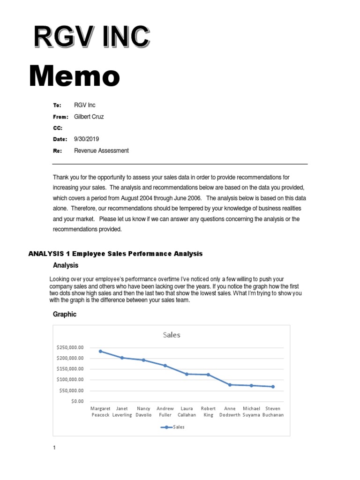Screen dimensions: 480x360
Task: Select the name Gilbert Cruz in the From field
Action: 89,117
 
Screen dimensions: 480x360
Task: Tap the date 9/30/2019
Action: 87,139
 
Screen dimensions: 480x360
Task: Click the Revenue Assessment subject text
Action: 101,150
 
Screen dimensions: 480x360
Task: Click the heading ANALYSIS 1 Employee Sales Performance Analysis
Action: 115,254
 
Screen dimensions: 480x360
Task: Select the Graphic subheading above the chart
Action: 65,315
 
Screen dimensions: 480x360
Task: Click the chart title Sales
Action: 172,335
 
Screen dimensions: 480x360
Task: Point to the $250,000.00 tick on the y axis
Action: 69,347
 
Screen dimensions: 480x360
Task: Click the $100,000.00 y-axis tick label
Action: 69,380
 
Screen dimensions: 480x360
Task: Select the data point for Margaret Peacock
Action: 100,351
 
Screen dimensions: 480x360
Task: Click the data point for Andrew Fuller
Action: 165,365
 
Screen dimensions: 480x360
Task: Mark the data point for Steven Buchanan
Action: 273,387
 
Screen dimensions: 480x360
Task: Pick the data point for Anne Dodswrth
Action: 230,384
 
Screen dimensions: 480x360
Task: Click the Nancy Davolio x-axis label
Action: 143,412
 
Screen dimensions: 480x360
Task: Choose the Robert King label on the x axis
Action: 208,412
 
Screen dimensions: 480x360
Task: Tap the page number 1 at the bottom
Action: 54,448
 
